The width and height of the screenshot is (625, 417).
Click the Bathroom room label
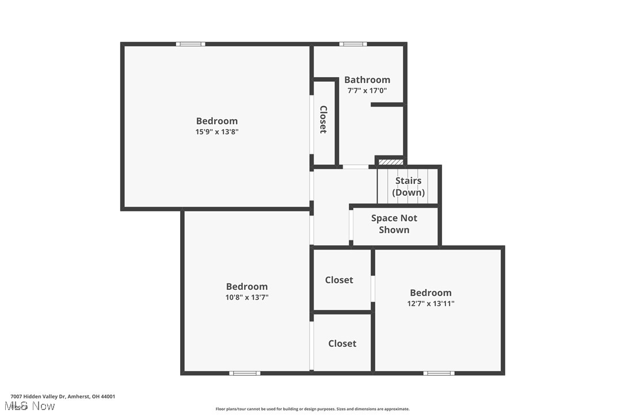[367, 79]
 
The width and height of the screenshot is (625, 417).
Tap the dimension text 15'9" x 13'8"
[216, 132]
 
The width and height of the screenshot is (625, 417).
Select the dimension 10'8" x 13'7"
[246, 298]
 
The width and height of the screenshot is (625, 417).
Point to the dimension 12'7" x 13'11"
[430, 304]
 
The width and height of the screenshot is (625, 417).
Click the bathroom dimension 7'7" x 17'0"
[367, 90]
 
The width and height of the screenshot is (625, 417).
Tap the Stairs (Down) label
[409, 187]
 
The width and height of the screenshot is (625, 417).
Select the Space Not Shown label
[394, 224]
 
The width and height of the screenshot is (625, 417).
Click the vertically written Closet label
[323, 119]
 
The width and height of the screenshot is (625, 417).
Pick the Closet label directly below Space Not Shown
[339, 280]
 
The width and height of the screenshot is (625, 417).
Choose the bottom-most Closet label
[342, 343]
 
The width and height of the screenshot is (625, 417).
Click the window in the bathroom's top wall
[353, 44]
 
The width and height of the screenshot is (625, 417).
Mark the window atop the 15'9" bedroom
[190, 44]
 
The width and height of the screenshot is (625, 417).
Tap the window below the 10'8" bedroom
[245, 373]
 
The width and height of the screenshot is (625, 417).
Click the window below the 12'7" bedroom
[439, 373]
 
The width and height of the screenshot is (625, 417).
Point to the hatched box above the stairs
[391, 162]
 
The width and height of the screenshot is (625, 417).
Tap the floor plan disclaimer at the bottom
[312, 409]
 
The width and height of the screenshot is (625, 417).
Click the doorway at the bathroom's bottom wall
[356, 167]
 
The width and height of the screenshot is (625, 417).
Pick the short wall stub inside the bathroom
[387, 105]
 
